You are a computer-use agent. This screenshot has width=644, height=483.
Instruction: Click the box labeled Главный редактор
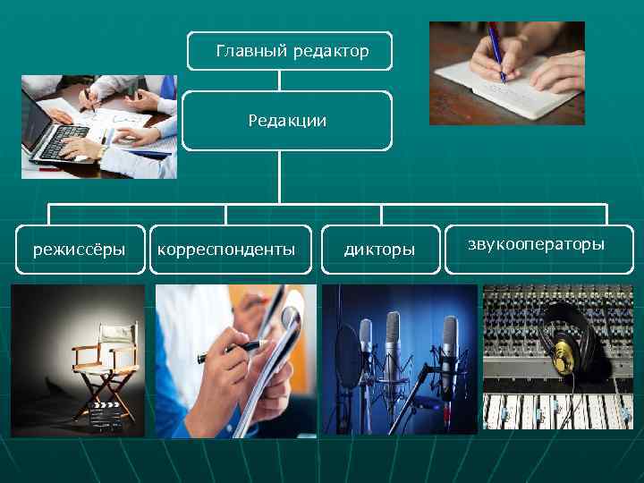(290, 52)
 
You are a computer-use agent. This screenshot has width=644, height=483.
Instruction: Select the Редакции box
(287, 120)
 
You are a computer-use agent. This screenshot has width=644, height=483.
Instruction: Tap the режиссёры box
(79, 249)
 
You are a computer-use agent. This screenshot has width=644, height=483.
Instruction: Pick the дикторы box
(380, 249)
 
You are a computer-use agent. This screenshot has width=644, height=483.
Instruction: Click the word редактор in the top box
(331, 52)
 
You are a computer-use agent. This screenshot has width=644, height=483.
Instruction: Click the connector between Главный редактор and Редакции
(280, 80)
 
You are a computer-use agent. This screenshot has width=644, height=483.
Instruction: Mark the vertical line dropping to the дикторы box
(382, 215)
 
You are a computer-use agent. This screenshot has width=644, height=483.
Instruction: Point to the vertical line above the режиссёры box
(49, 215)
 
